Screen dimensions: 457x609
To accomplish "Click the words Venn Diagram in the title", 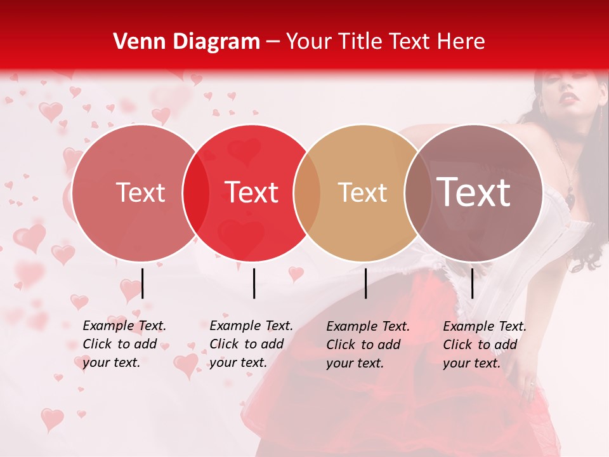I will pyautogui.click(x=187, y=42).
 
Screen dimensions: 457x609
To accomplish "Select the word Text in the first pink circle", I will pyautogui.click(x=140, y=193).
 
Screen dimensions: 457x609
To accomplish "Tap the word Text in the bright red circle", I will pyautogui.click(x=252, y=193).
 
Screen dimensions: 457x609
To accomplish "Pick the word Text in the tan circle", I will pyautogui.click(x=362, y=193).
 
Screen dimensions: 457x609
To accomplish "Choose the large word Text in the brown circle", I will pyautogui.click(x=473, y=193).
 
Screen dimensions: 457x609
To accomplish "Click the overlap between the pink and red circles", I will pyautogui.click(x=195, y=193).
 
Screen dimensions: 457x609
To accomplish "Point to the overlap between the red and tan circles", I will pyautogui.click(x=307, y=193).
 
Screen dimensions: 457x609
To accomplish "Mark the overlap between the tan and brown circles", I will pyautogui.click(x=417, y=193).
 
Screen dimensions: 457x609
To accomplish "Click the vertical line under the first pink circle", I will pyautogui.click(x=143, y=283).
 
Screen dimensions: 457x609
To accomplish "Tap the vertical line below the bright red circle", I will pyautogui.click(x=254, y=283).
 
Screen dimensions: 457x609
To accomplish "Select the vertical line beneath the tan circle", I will pyautogui.click(x=366, y=283).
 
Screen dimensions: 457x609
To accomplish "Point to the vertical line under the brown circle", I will pyautogui.click(x=473, y=283).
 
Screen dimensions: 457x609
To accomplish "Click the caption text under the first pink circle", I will pyautogui.click(x=124, y=345).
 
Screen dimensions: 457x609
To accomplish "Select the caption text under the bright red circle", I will pyautogui.click(x=251, y=345).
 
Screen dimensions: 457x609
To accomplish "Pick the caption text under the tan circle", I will pyautogui.click(x=368, y=345).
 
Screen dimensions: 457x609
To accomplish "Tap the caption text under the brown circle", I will pyautogui.click(x=485, y=345).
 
